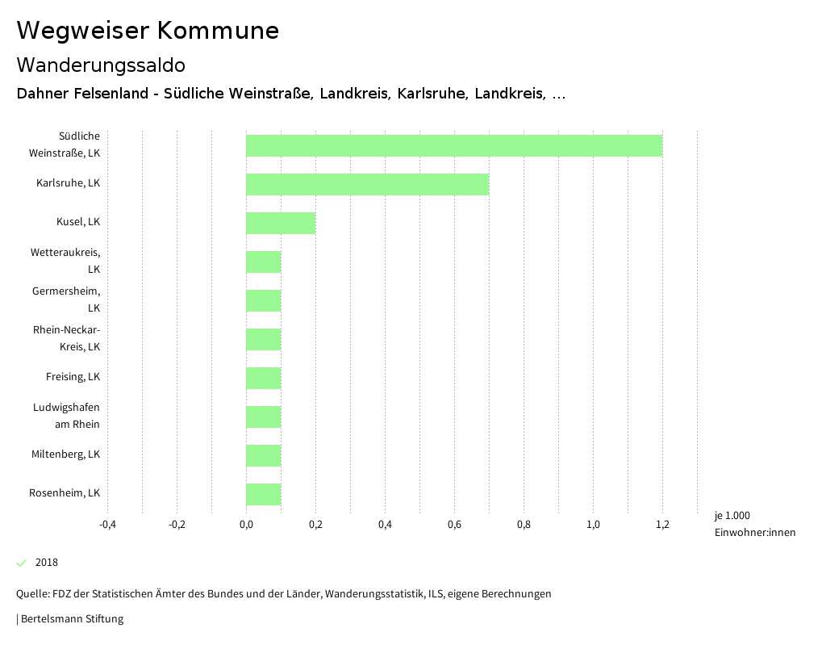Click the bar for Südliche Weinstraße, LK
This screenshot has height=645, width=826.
[x=454, y=145]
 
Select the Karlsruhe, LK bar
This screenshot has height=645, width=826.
[x=367, y=184]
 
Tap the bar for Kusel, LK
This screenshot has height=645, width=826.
[x=281, y=223]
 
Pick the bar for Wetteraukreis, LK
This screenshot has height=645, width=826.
[x=264, y=262]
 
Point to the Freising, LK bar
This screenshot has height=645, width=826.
[x=264, y=378]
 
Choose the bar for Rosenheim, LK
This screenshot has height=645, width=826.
[x=264, y=494]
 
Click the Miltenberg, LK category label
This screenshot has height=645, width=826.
[x=65, y=454]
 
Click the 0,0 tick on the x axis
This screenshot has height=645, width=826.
[x=246, y=525]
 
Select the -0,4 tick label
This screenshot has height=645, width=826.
[x=107, y=525]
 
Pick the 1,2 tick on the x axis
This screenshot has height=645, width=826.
[x=662, y=525]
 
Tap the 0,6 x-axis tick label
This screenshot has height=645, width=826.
[x=454, y=525]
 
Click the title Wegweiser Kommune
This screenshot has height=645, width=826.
[x=148, y=31]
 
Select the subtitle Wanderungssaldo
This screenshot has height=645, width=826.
[x=101, y=65]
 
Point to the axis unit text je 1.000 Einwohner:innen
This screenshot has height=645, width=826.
[x=754, y=524]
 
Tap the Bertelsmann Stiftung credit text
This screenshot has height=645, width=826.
[x=72, y=619]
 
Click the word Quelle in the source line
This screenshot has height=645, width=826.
[x=32, y=594]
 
